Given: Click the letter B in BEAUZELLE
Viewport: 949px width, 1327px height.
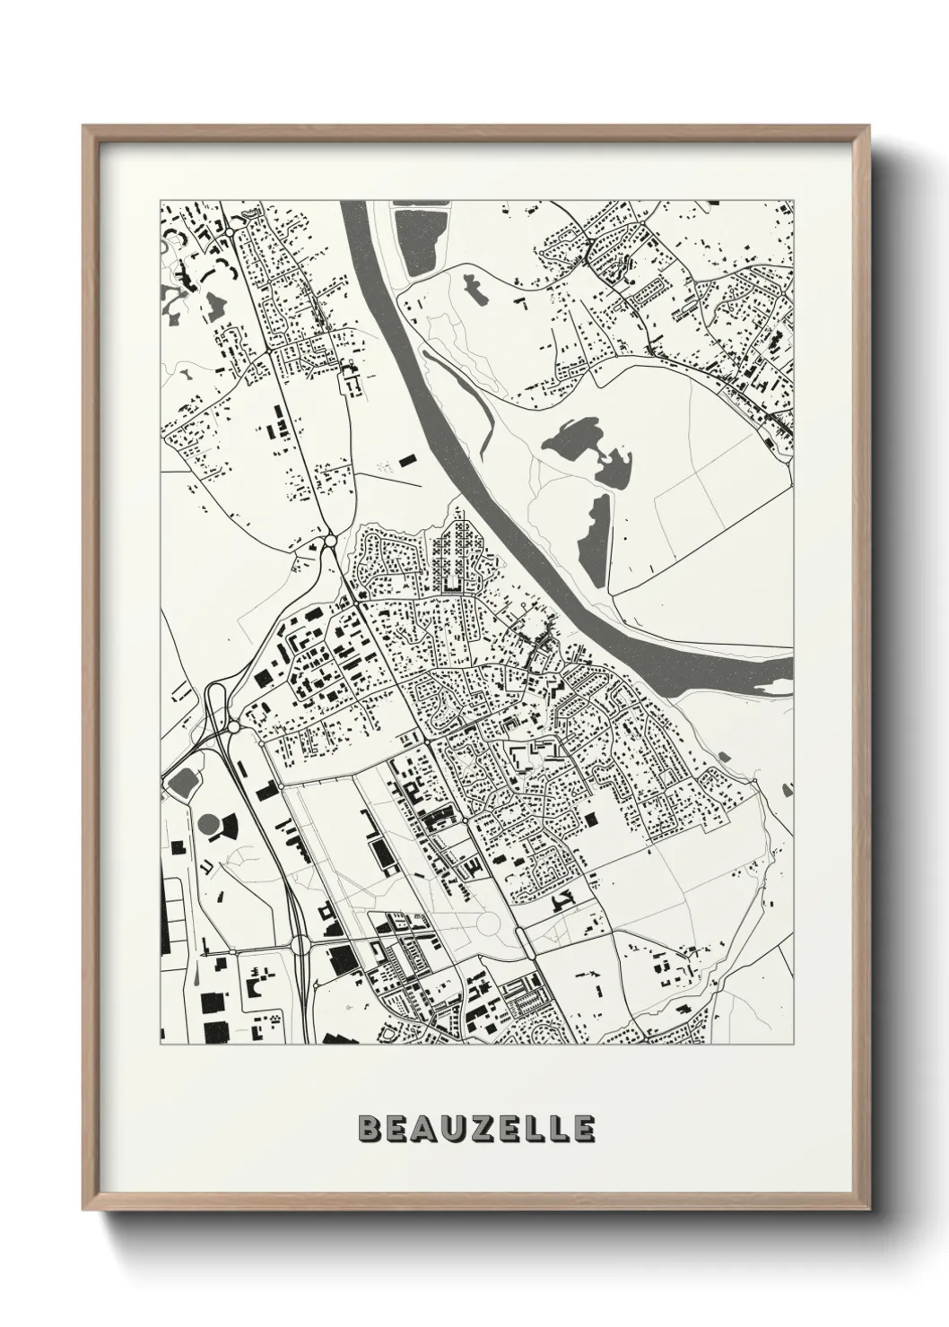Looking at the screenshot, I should (368, 1130).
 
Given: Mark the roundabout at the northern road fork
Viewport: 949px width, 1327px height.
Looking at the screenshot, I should (330, 541).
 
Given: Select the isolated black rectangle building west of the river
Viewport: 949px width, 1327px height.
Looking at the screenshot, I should (407, 460).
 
